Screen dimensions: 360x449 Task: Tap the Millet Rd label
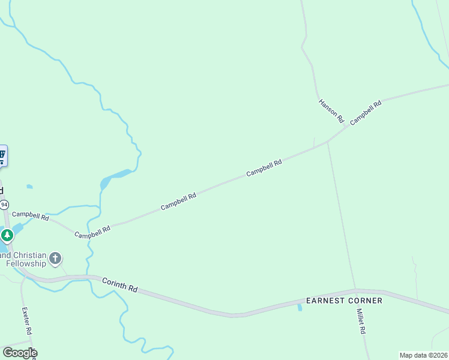click(361, 322)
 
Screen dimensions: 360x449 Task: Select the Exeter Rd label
click(27, 321)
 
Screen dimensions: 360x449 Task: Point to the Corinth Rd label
click(119, 284)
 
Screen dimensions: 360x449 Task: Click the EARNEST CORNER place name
click(344, 301)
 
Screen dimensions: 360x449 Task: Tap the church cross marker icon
click(55, 259)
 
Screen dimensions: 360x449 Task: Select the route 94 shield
click(4, 205)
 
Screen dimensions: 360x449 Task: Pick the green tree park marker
click(7, 235)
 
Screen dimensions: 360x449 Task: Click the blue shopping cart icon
click(2, 155)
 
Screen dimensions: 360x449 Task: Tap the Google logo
click(19, 352)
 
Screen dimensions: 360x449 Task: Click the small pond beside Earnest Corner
click(300, 308)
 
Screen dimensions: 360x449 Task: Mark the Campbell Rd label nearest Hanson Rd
click(366, 112)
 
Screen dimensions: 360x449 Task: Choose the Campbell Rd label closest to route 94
click(30, 215)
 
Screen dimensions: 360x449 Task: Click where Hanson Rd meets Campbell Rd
click(348, 126)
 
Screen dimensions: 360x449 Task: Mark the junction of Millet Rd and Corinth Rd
click(356, 290)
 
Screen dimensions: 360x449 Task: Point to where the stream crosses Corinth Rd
click(91, 277)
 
